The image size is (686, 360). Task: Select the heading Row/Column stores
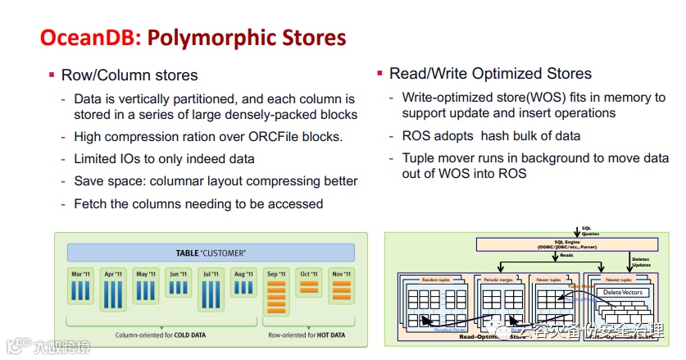coord(129,75)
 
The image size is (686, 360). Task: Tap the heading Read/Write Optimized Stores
coord(490,74)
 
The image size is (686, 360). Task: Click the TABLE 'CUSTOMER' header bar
coord(211,253)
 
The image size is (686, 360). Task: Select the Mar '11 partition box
coord(82,287)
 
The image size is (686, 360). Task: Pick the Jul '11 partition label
coord(210,273)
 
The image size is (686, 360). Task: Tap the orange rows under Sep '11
coord(276,295)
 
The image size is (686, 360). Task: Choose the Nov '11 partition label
coord(341,273)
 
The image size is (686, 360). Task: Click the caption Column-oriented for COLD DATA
coord(156,335)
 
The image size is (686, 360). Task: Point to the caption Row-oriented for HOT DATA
coord(306,335)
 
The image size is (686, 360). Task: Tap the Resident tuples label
coord(435,280)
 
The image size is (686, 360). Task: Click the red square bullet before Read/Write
coord(380,74)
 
